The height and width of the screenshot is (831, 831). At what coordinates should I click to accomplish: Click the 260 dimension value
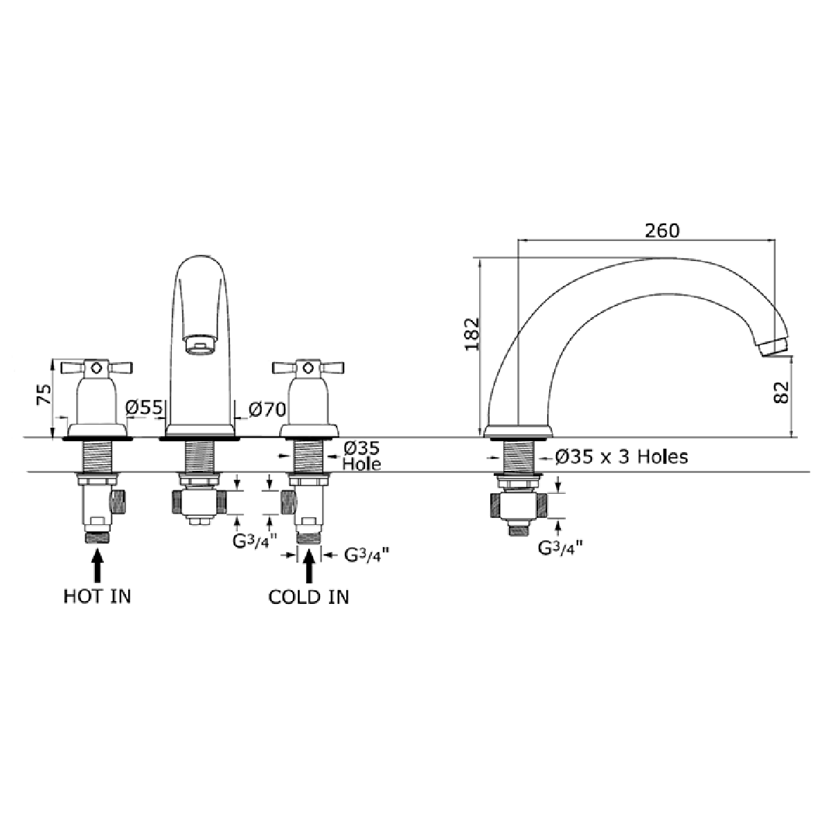662,231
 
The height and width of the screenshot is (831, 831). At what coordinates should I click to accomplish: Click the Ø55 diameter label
143,409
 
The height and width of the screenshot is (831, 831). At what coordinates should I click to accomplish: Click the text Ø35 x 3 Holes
622,457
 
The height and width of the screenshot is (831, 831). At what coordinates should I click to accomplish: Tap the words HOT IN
97,596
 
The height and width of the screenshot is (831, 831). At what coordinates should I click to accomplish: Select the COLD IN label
309,596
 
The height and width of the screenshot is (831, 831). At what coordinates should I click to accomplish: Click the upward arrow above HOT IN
98,564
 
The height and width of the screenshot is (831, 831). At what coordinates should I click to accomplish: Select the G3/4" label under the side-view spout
560,548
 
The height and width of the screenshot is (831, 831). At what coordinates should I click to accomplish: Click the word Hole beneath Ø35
361,463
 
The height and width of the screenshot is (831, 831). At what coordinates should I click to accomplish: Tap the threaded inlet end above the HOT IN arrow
98,537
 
